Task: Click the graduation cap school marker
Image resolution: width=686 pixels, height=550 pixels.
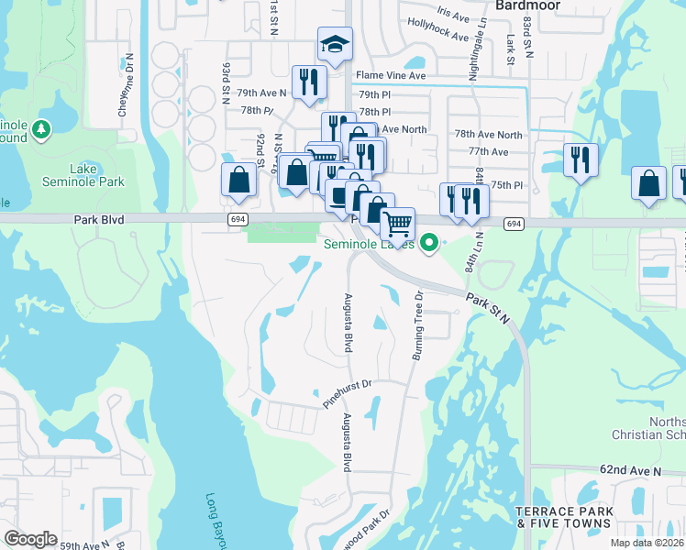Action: (335, 44)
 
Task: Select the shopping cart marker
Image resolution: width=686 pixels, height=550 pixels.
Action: (397, 224)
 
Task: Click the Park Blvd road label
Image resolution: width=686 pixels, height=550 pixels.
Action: (99, 220)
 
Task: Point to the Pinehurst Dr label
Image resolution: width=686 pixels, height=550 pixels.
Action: (346, 394)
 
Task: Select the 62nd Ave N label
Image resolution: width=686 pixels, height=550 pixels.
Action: (631, 469)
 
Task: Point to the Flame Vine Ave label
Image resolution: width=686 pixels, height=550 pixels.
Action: (392, 75)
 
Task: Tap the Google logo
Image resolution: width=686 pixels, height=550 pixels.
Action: (30, 539)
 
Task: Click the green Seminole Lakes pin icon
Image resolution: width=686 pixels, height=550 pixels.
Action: (426, 243)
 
